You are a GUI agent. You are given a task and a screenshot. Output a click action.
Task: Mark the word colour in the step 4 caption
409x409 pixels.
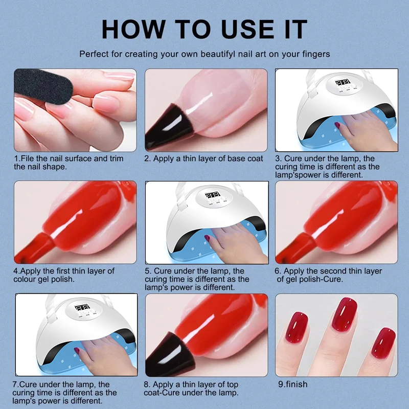tap(26, 279)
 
